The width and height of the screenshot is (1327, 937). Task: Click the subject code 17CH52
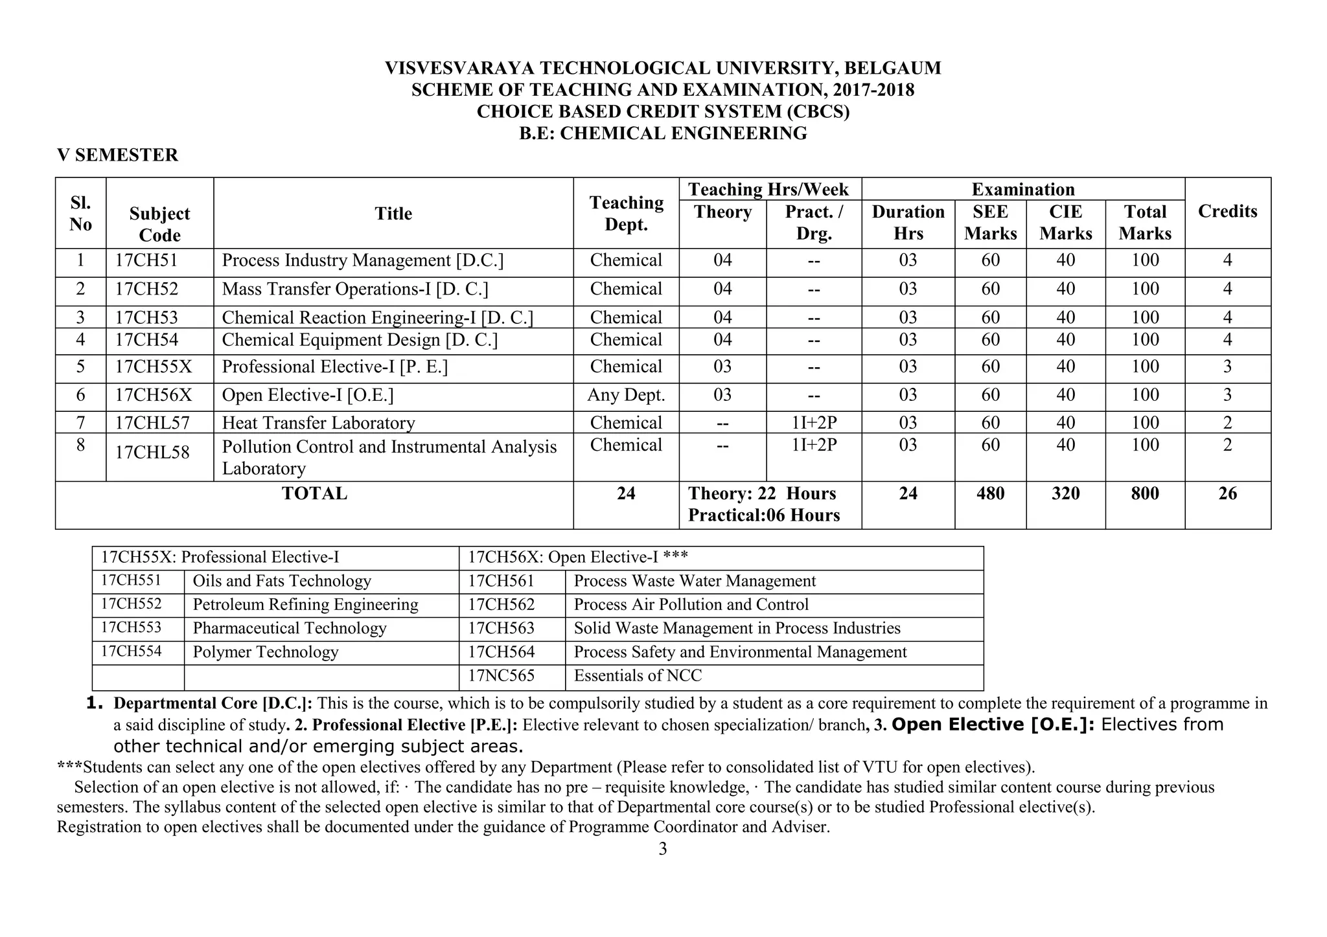coord(146,289)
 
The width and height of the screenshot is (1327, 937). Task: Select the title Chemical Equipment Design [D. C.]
coord(360,340)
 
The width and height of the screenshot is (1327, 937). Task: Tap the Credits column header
coord(1227,211)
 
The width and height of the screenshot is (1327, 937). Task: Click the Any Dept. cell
coord(626,395)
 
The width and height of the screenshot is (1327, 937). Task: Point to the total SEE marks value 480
coord(990,493)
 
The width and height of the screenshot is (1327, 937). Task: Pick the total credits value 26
coord(1227,493)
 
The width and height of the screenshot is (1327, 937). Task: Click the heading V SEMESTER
coord(117,155)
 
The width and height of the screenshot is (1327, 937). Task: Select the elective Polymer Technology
coord(266,652)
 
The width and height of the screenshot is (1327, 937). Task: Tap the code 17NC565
coord(502,676)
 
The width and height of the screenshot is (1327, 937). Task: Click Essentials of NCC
coord(638,676)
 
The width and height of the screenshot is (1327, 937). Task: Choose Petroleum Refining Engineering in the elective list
coord(305,605)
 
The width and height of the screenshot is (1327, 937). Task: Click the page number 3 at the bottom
coord(662,849)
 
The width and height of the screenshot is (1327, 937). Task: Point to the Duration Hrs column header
coord(908,222)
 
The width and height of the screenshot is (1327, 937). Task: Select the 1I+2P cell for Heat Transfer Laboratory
coord(814,423)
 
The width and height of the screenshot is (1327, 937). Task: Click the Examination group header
coord(1022,189)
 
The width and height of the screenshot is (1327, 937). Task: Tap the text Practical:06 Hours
coord(763,515)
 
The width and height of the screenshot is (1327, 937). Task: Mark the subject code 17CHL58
coord(152,452)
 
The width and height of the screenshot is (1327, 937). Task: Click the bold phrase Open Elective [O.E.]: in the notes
coord(993,725)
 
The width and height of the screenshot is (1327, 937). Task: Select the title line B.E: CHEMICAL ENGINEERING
coord(663,133)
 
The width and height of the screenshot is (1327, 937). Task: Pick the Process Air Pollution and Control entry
coord(691,605)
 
